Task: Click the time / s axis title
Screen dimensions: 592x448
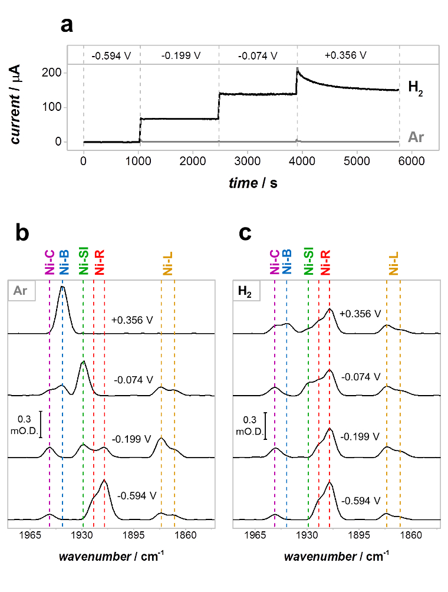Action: (253, 183)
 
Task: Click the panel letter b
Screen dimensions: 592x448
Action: (23, 234)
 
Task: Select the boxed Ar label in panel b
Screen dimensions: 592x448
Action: (21, 291)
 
